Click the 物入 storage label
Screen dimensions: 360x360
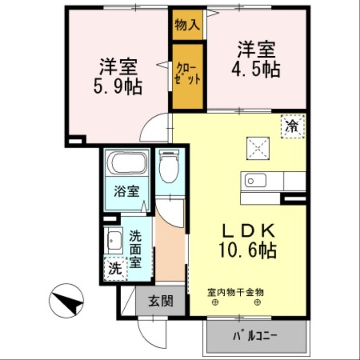tap(187, 24)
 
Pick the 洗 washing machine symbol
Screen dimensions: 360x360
tap(116, 269)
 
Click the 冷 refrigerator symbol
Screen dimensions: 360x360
tap(292, 126)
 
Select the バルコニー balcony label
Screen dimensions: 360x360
tap(256, 336)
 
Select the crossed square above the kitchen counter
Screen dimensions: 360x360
tap(257, 148)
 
